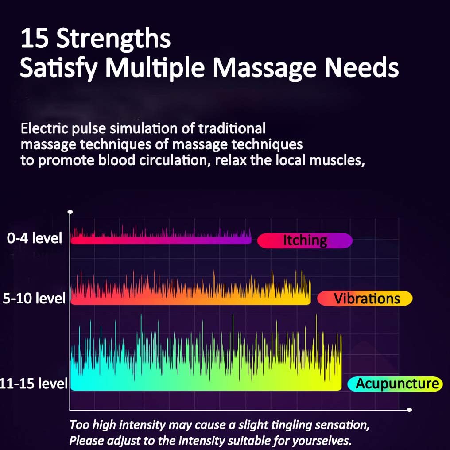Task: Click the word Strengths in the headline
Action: point(113,39)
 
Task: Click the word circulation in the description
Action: point(164,160)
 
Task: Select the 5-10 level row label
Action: point(34,298)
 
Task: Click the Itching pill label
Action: point(305,241)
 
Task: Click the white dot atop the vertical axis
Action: point(70,213)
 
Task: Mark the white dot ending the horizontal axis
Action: point(409,410)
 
